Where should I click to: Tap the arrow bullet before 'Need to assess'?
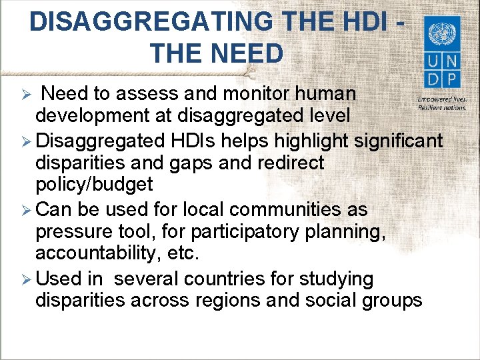coord(25,93)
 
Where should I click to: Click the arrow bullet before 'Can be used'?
coord(25,209)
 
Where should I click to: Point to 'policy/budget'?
coord(94,185)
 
